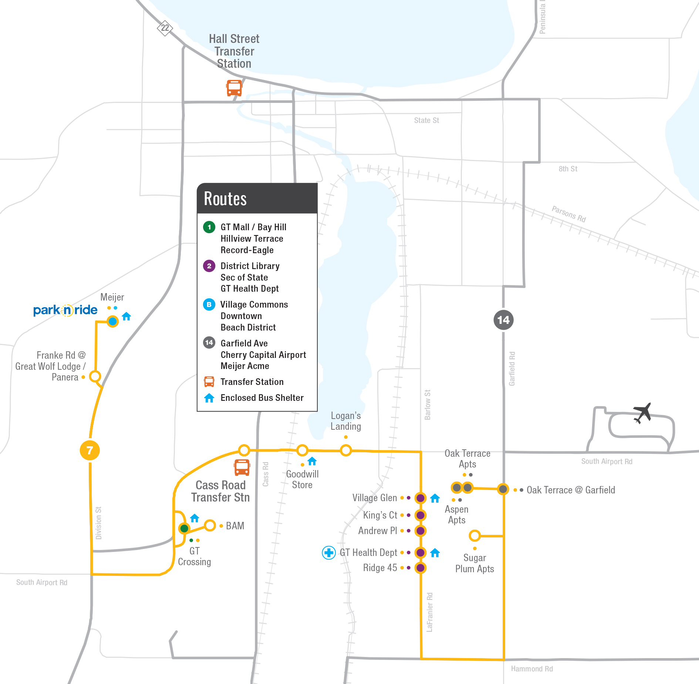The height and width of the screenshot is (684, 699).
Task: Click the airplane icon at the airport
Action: click(x=642, y=413)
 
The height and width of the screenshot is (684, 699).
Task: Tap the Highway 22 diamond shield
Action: click(x=165, y=28)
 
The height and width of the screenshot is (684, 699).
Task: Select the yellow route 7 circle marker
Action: click(x=90, y=450)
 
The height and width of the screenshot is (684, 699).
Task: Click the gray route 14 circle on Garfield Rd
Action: click(x=503, y=320)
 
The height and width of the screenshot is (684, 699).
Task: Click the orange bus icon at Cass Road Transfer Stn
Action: click(x=242, y=467)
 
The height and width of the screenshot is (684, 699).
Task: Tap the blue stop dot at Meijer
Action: click(x=113, y=321)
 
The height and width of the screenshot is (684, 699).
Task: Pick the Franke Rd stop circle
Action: click(x=95, y=376)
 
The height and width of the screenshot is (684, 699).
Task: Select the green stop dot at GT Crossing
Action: click(x=184, y=528)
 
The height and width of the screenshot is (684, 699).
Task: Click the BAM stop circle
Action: click(x=210, y=525)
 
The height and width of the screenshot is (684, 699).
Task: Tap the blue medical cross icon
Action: click(x=329, y=553)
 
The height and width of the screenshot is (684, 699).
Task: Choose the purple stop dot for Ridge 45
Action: click(x=420, y=568)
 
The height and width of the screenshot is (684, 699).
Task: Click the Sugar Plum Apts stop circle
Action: click(x=475, y=536)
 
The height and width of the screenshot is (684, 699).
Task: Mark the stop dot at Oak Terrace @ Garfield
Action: click(x=503, y=489)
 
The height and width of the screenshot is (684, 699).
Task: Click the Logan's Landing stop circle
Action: click(x=346, y=450)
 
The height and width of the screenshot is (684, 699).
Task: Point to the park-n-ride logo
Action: click(x=65, y=310)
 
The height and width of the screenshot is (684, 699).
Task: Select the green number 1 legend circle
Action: click(x=209, y=227)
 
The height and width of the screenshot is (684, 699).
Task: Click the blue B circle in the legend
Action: click(x=209, y=304)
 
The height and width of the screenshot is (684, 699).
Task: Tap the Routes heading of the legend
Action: click(x=225, y=199)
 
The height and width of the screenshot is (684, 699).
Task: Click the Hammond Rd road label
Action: click(x=532, y=669)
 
